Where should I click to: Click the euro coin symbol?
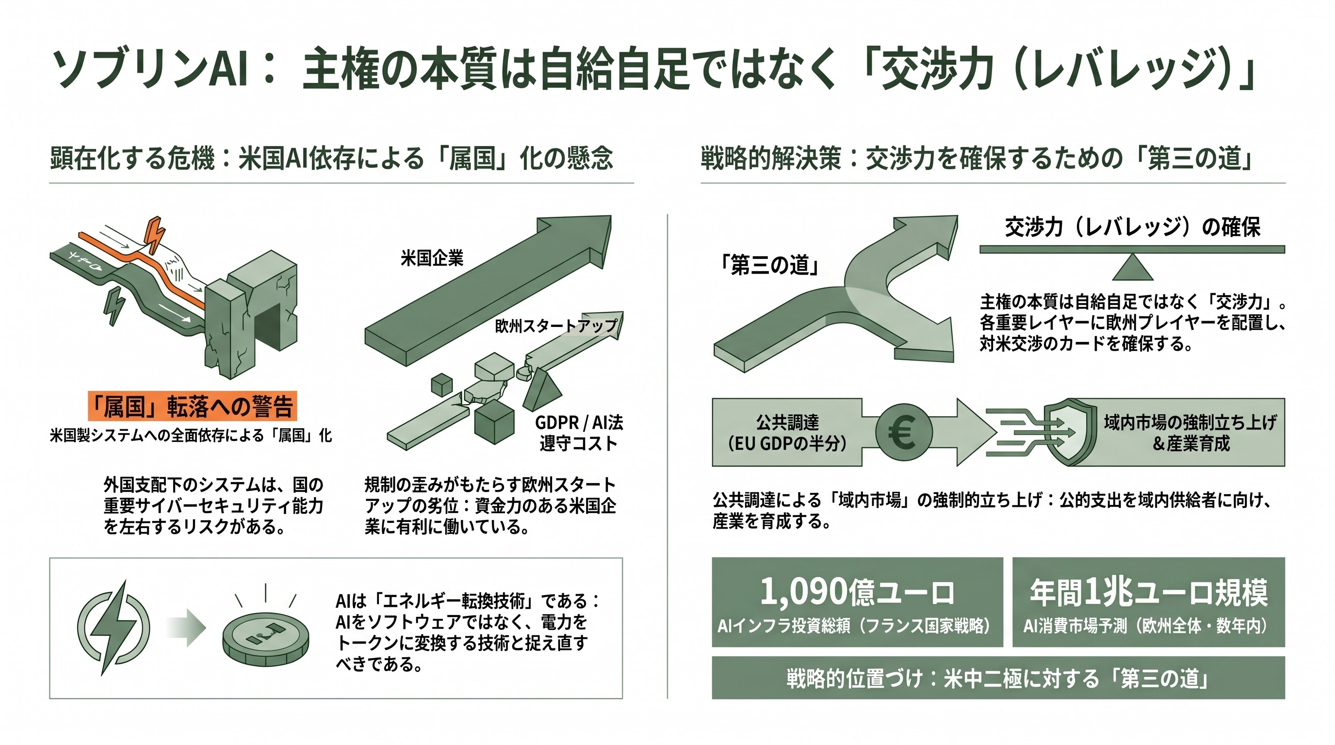(x=904, y=432)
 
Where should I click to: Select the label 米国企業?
(x=432, y=258)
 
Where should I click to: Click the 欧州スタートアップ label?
(x=556, y=326)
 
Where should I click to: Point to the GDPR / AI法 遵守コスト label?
(x=579, y=433)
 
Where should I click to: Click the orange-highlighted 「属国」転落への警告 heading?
(x=192, y=405)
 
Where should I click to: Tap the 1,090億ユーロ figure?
(x=857, y=592)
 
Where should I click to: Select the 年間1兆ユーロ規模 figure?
(x=1148, y=592)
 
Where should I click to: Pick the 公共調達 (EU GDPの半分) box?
(x=787, y=433)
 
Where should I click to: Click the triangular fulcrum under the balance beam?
(x=1132, y=267)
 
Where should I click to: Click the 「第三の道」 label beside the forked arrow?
(x=769, y=265)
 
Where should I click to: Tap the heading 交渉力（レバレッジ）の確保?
(x=1132, y=227)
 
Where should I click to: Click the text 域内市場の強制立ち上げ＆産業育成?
(x=1190, y=433)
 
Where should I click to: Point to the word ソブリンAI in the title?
(x=150, y=68)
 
